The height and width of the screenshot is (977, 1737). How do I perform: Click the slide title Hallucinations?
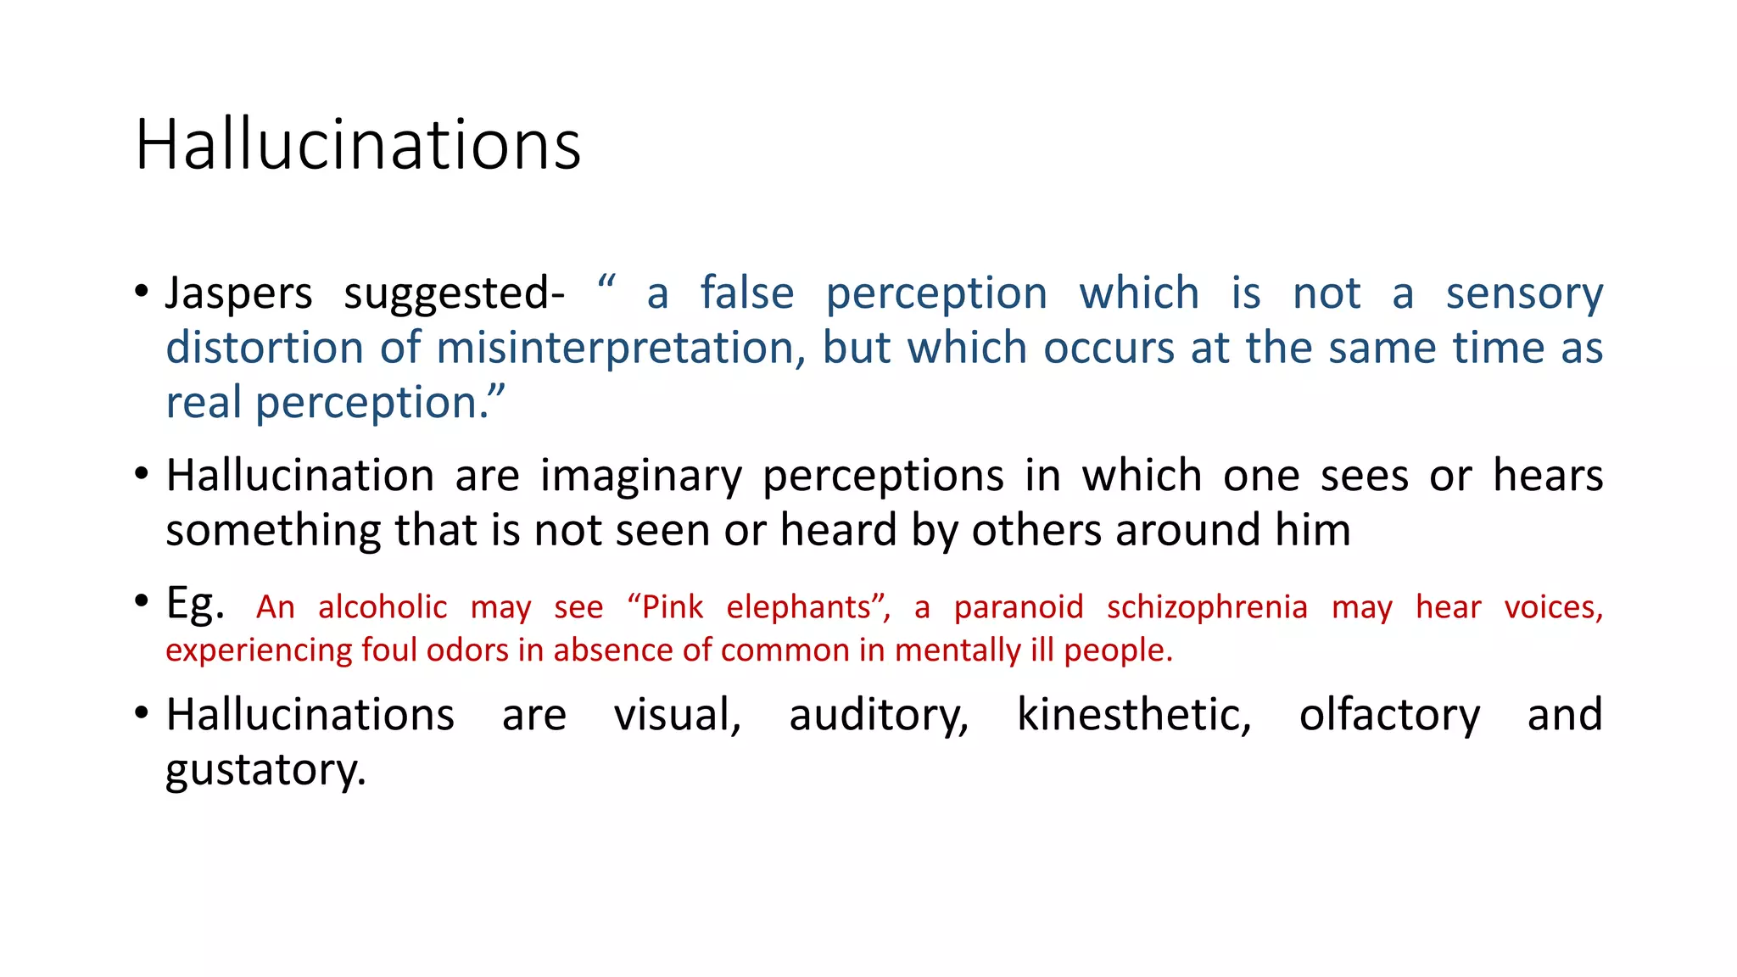click(x=358, y=144)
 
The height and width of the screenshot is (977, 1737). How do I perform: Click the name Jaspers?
click(x=238, y=294)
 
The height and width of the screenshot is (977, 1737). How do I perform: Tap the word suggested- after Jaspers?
click(x=454, y=294)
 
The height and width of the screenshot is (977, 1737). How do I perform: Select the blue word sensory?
click(x=1524, y=294)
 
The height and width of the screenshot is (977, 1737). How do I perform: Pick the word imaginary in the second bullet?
click(x=640, y=477)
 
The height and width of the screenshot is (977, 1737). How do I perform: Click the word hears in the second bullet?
click(x=1548, y=475)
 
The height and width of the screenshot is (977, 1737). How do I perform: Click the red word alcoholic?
click(x=383, y=607)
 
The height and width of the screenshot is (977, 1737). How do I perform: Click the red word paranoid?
click(x=1019, y=607)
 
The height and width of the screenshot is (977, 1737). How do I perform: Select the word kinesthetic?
click(x=1134, y=715)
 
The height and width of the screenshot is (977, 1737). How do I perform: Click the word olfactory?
click(x=1389, y=715)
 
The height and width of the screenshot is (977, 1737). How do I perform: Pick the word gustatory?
click(x=265, y=771)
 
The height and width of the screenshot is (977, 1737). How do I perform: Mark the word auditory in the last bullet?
click(x=879, y=715)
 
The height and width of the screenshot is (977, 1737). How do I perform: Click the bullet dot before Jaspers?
click(x=142, y=293)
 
